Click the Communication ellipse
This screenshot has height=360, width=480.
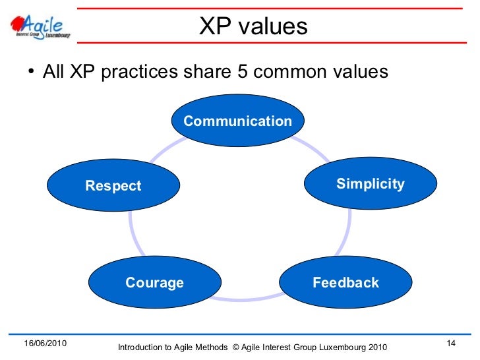coord(237,121)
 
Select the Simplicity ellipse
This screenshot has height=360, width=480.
coord(370,184)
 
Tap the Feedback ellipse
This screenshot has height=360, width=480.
coord(345,283)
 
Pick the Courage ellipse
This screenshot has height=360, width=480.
coord(154,283)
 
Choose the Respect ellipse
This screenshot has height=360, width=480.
coord(113,186)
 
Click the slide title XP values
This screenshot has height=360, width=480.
coord(253,26)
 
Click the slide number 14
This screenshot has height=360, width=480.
coord(451,344)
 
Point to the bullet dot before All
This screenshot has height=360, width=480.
coord(30,72)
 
